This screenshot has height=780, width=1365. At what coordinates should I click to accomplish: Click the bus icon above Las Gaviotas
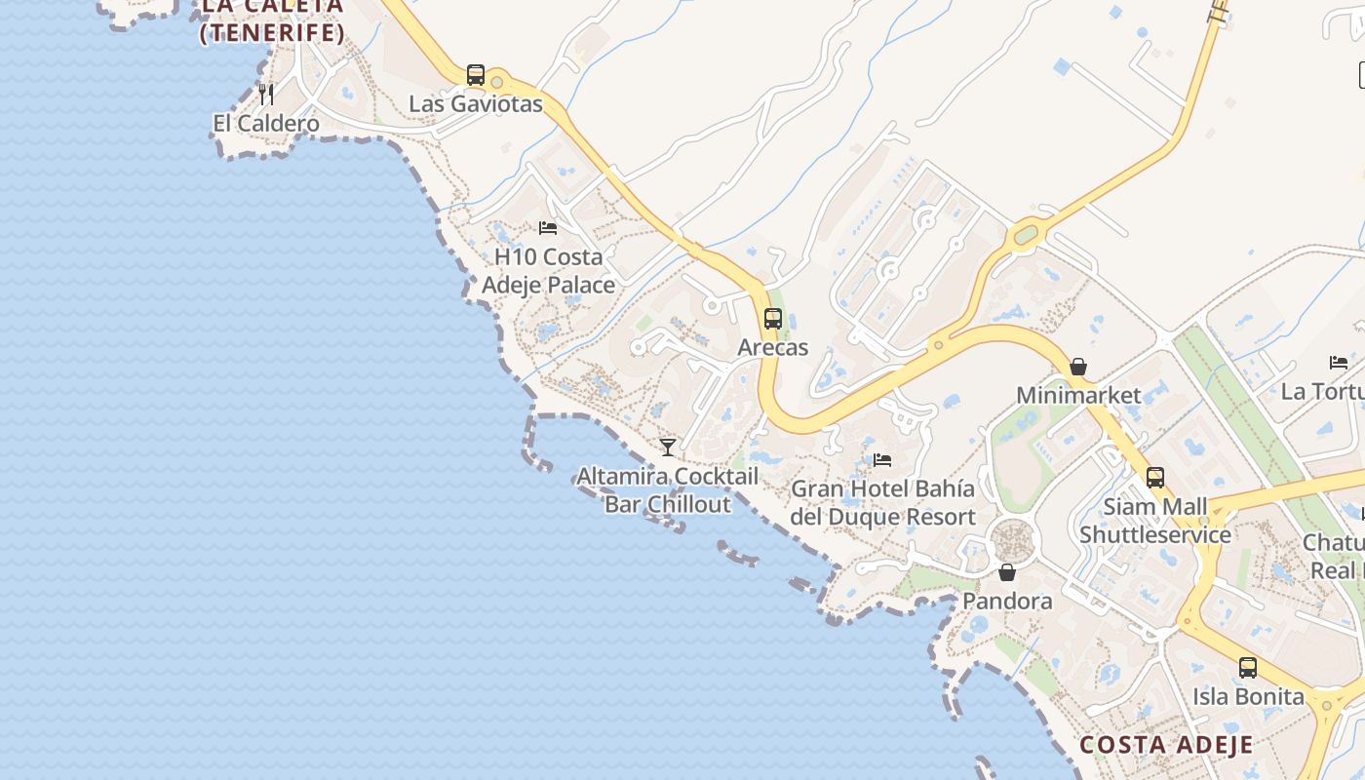pos(476,74)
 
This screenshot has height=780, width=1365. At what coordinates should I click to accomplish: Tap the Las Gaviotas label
pos(475,103)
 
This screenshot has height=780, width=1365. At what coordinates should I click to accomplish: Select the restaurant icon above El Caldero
pos(266,94)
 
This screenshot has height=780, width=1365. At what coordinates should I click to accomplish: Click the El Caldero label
pos(266,124)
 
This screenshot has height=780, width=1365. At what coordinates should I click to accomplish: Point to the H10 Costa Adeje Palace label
pos(549,270)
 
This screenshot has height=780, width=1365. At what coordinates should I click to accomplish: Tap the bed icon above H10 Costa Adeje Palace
pos(548,228)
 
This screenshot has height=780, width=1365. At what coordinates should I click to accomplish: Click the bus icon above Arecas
pos(773,318)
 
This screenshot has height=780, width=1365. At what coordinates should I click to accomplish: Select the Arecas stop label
pos(773,347)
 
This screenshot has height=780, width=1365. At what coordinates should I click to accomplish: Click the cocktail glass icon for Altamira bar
pos(668,448)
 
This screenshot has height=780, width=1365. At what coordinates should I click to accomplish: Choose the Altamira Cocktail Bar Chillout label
pos(668,490)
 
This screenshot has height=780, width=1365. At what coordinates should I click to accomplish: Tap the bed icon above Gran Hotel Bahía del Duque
pos(882,459)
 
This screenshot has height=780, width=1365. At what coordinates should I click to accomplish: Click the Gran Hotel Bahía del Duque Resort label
pos(882,502)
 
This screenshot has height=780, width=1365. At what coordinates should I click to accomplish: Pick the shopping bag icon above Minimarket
pos(1078,367)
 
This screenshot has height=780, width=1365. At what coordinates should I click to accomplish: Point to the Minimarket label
pos(1078,395)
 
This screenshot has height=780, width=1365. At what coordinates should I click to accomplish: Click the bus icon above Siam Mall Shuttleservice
pos(1155,478)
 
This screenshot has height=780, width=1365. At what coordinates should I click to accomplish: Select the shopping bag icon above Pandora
pos(1007,571)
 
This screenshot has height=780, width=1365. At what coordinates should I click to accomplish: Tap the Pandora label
pos(1007,601)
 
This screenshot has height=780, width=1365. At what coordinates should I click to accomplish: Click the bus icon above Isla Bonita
pos(1248,668)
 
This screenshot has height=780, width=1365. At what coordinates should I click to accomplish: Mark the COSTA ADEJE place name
pos(1166,745)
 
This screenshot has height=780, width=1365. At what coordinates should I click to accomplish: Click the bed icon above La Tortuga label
pos(1339,363)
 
